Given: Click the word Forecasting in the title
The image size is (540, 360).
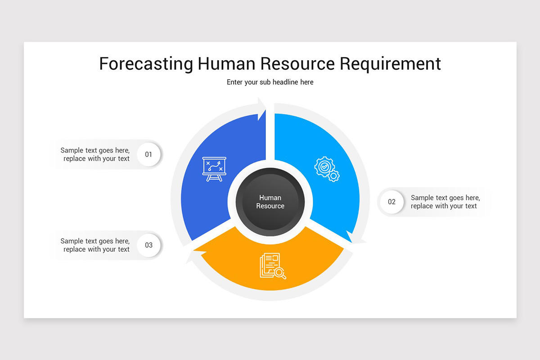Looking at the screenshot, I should click(146, 64).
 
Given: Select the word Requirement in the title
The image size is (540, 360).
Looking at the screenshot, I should click(390, 64).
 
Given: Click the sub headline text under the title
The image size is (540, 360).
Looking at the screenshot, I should click(270, 82).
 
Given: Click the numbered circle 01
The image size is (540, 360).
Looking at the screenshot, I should click(148, 154).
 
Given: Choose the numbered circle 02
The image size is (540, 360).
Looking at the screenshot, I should click(391, 202).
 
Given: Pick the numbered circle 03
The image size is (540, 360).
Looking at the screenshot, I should click(148, 245).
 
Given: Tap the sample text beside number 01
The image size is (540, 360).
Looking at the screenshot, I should click(95, 154).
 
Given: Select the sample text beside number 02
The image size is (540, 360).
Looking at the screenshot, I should click(445, 202).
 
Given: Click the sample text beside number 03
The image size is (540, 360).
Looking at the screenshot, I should click(95, 245).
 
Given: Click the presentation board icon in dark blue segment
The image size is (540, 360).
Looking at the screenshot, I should click(214, 169).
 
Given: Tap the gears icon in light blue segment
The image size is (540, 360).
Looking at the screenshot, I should click(327, 169).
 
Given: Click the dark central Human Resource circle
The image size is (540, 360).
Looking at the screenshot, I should click(270, 202).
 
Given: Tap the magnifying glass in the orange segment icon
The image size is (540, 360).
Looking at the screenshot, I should click(280, 273).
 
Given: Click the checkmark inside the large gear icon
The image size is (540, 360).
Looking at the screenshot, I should click(323, 166).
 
